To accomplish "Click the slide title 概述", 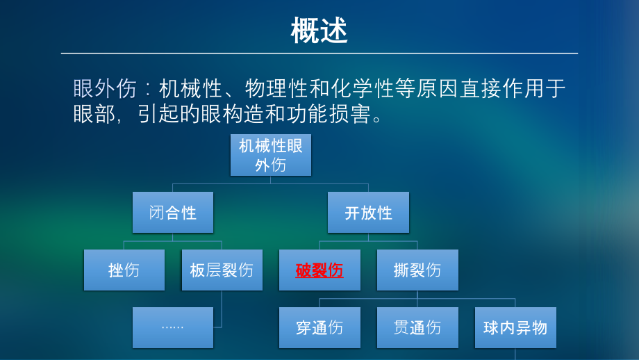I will pyautogui.click(x=319, y=31).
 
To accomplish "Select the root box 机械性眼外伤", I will pyautogui.click(x=270, y=154).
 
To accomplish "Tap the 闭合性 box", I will pyautogui.click(x=172, y=212).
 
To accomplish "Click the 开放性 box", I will pyautogui.click(x=368, y=212).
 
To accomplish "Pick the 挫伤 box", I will pyautogui.click(x=124, y=270).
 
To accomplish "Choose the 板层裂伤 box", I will pyautogui.click(x=222, y=270).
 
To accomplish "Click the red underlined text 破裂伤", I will pyautogui.click(x=319, y=270).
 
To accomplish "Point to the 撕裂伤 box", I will pyautogui.click(x=417, y=270).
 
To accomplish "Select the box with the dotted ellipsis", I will pyautogui.click(x=172, y=327).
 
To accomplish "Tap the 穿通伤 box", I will pyautogui.click(x=319, y=327).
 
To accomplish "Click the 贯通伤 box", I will pyautogui.click(x=417, y=327).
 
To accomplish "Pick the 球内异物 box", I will pyautogui.click(x=515, y=327).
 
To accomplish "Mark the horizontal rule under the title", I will pyautogui.click(x=319, y=53).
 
